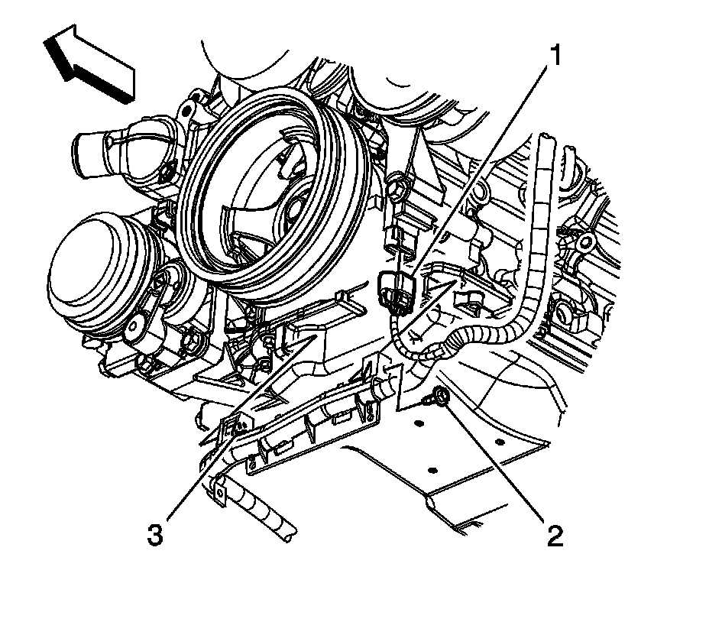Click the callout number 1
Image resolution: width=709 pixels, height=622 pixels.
click(556, 56)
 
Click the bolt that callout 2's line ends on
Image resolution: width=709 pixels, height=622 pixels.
click(439, 397)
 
